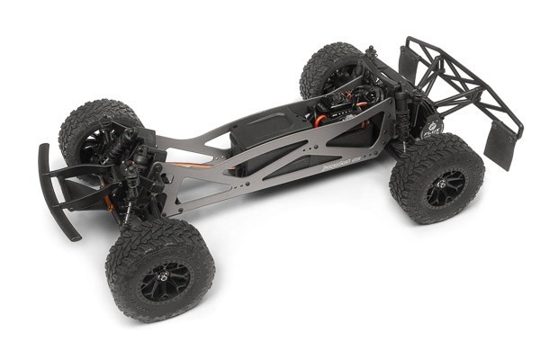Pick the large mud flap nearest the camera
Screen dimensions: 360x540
pyautogui.click(x=502, y=148)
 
